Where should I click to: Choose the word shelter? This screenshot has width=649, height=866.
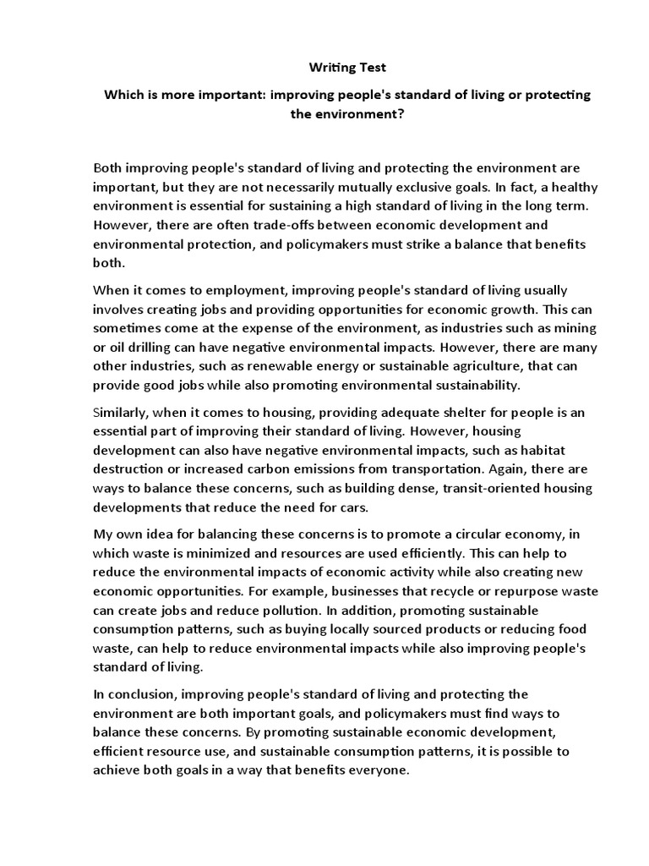pyautogui.click(x=447, y=413)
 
